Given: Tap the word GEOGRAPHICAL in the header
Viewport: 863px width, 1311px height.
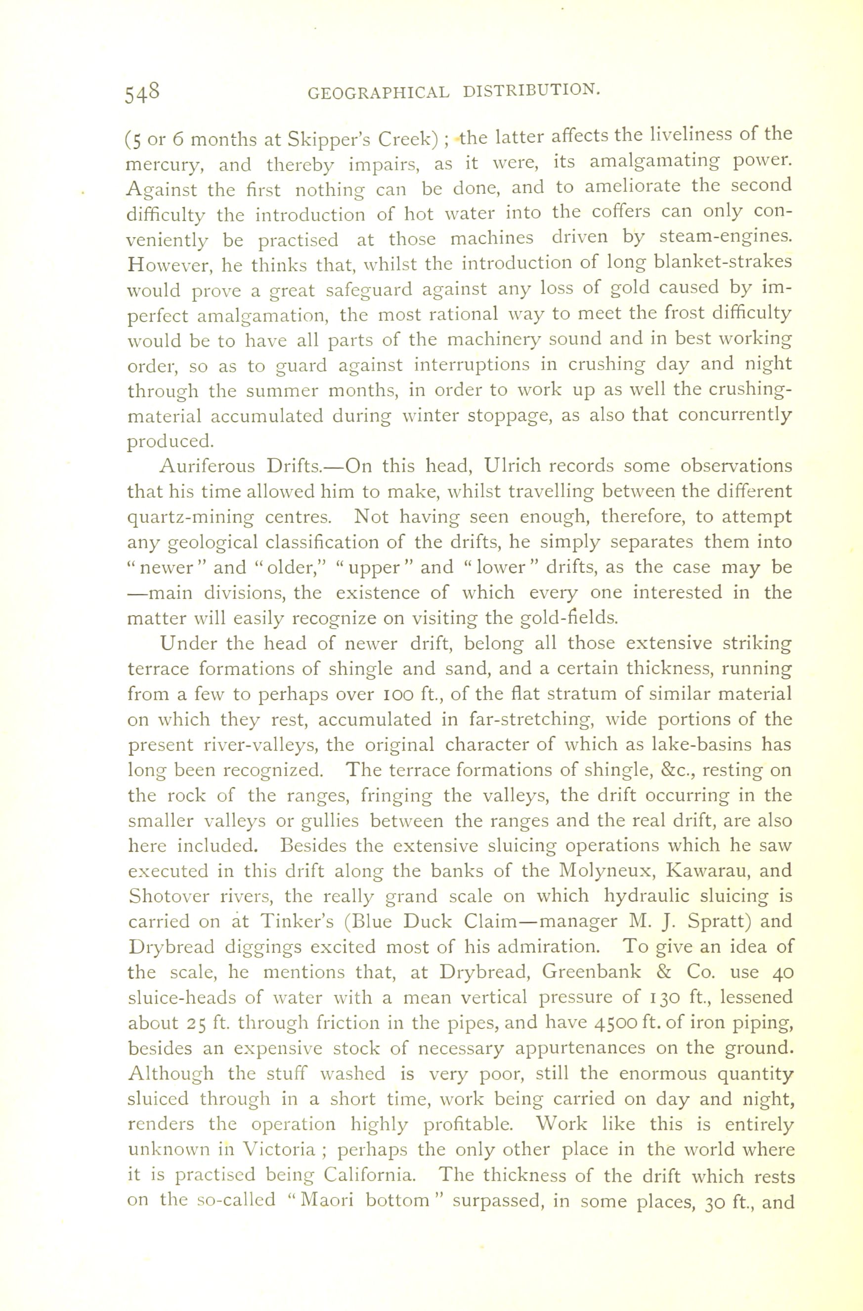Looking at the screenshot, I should [x=378, y=92].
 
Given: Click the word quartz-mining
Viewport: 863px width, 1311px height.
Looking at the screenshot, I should [x=191, y=518].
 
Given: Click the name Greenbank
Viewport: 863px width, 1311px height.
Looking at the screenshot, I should [x=592, y=972].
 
